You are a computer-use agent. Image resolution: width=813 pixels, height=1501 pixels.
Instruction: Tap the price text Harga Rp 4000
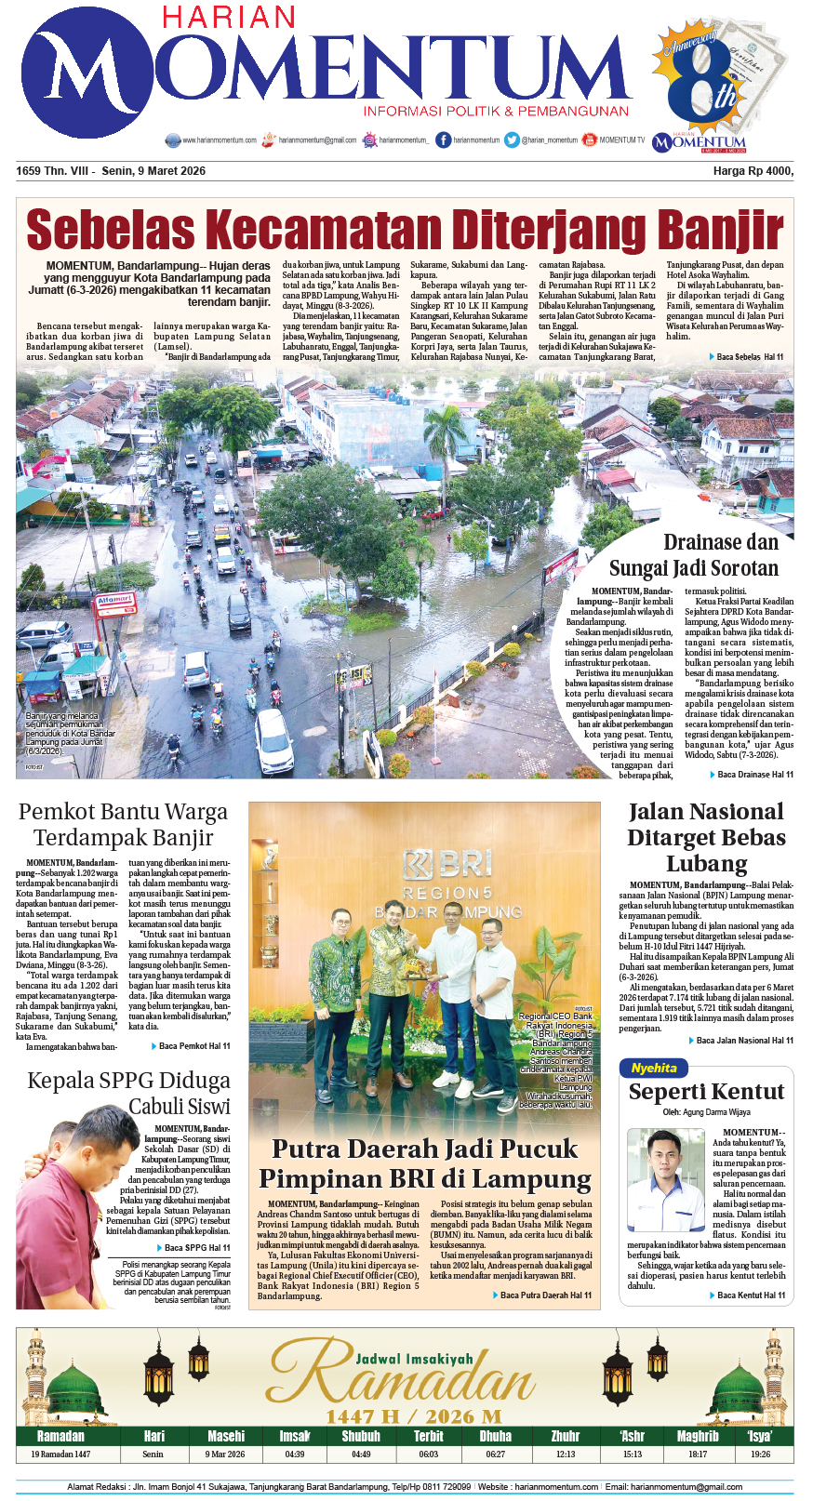[753, 171]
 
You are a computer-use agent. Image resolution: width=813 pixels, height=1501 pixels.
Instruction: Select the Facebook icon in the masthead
[444, 140]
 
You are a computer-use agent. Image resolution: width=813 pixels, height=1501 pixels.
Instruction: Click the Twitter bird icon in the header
[512, 140]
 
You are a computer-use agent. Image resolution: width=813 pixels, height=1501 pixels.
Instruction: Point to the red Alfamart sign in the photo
[114, 602]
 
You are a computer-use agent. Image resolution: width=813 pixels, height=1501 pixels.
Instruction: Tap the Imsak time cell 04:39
[295, 1454]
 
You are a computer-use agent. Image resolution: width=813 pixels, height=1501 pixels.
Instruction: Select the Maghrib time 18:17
[698, 1454]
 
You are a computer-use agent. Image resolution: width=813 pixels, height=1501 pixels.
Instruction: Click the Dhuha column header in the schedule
[496, 1436]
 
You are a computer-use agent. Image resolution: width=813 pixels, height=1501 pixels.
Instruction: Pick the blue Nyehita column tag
[654, 1068]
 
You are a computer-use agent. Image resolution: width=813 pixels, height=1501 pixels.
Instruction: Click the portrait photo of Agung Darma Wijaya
[665, 1179]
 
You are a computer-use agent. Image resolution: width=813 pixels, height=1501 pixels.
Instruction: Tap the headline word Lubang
[707, 864]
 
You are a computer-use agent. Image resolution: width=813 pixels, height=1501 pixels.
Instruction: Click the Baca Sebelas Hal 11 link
[750, 357]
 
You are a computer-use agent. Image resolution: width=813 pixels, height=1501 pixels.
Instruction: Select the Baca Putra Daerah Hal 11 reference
[545, 1295]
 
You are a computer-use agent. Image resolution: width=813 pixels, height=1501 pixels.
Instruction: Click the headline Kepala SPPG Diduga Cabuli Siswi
[128, 1093]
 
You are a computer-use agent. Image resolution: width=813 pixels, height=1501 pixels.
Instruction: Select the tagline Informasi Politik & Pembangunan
[497, 112]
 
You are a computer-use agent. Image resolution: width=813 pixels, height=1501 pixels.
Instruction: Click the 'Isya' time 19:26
[760, 1454]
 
